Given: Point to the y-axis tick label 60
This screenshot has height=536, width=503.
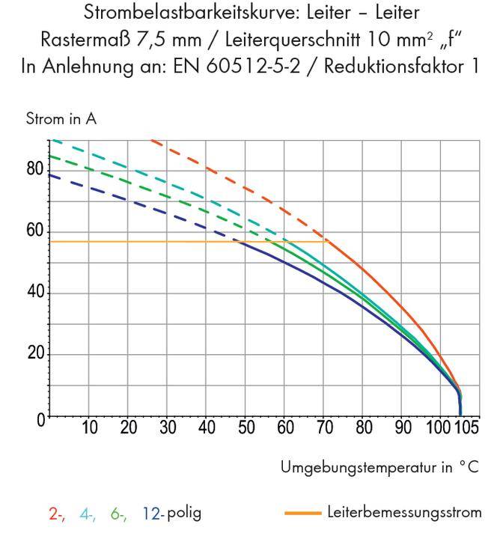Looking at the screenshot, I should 34,231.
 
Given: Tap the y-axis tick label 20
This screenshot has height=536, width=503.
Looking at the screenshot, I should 34,354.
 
